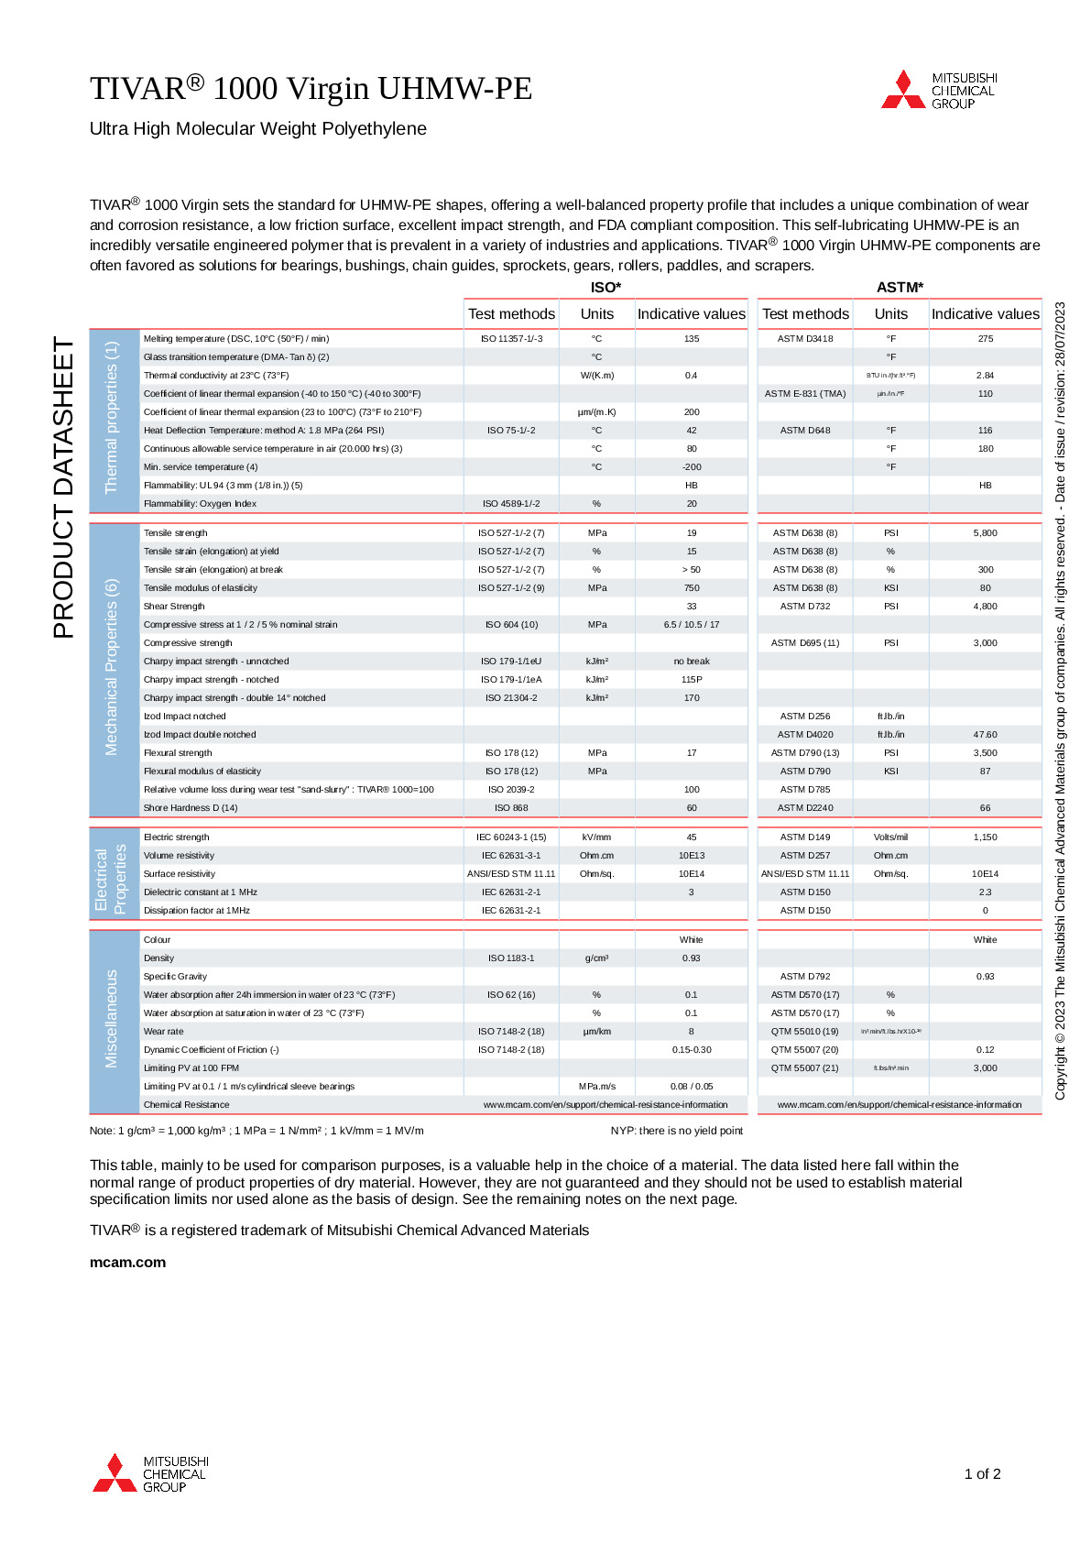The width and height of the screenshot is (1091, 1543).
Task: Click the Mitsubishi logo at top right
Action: (938, 90)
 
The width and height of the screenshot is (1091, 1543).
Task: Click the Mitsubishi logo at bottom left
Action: (150, 1472)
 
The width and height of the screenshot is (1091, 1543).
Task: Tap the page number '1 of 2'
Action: (982, 1473)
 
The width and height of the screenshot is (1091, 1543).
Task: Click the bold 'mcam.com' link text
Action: (127, 1262)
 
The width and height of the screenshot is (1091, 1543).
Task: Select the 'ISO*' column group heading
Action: (606, 287)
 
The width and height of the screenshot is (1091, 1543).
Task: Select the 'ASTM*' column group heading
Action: (900, 287)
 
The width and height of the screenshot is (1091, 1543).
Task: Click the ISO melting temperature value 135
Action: (691, 338)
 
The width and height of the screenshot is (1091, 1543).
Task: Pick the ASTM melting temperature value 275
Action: (985, 338)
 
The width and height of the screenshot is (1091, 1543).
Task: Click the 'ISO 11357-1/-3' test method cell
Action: (511, 338)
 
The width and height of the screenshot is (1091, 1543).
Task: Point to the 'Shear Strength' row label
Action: (174, 606)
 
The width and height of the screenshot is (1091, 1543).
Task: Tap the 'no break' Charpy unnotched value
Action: (691, 661)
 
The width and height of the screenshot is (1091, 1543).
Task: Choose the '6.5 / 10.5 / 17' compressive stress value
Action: (691, 624)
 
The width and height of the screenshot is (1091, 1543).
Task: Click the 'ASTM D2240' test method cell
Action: (805, 807)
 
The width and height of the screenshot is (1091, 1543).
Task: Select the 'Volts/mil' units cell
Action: (890, 837)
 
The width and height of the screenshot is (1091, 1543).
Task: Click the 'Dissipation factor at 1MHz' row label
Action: (196, 910)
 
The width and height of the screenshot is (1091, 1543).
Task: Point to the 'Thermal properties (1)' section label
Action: (112, 417)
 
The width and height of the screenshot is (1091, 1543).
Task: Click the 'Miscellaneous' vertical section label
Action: (112, 1018)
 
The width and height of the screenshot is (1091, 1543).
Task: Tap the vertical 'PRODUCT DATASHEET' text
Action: (63, 487)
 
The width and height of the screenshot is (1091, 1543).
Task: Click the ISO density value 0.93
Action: (691, 958)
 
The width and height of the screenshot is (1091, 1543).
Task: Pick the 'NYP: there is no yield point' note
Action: (676, 1130)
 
